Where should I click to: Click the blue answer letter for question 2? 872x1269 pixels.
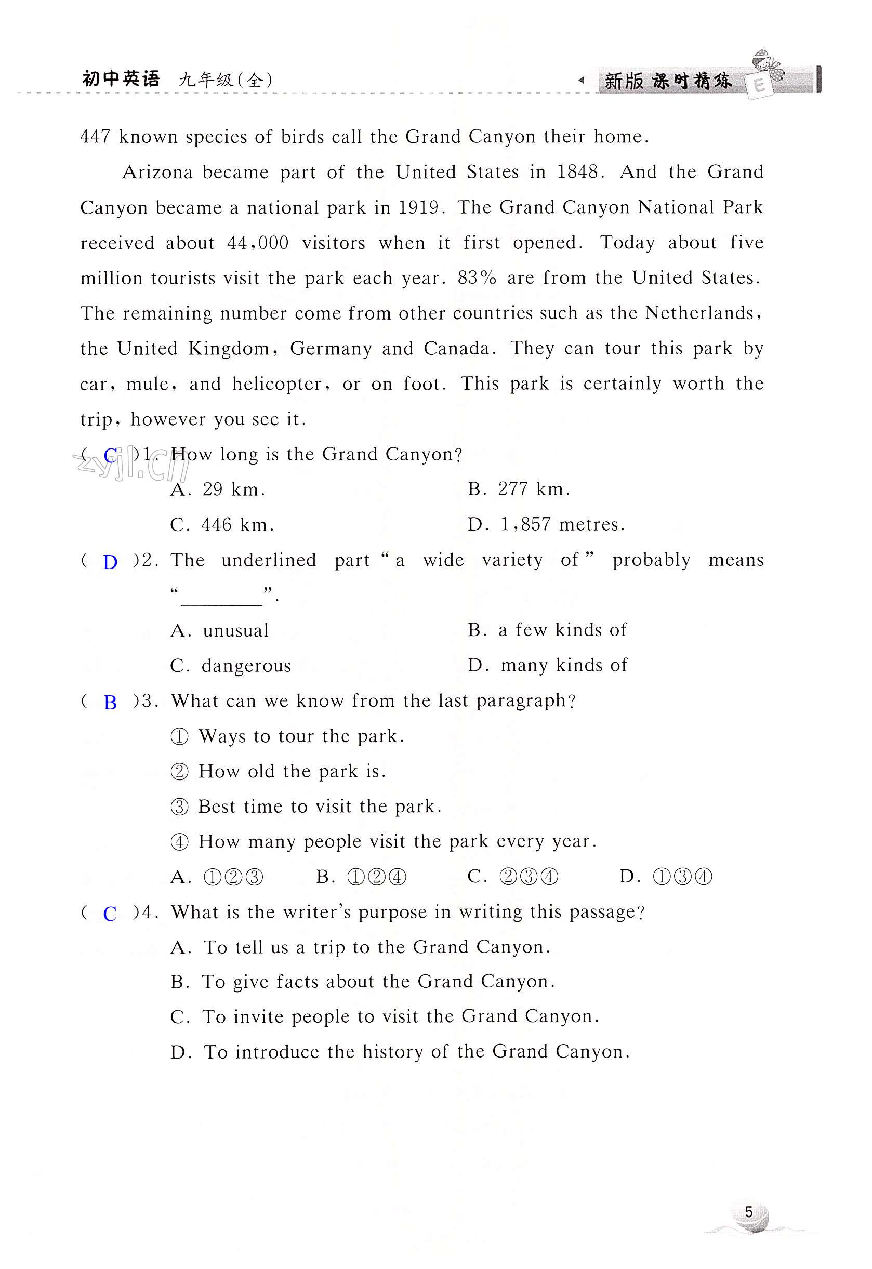point(110,562)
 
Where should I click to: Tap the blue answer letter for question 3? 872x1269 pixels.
point(110,703)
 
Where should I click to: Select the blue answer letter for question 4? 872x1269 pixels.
point(110,914)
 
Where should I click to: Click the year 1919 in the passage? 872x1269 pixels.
point(418,207)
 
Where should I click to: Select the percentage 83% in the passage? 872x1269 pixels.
point(477,278)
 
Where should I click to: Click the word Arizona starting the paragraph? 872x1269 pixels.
point(157,173)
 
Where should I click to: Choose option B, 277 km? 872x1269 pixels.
point(519,489)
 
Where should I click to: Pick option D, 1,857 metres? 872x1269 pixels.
point(546,524)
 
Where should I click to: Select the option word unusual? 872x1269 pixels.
point(235,631)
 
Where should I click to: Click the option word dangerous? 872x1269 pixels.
point(246,666)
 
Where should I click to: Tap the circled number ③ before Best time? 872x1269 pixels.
point(179,807)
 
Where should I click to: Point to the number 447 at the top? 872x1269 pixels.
point(96,137)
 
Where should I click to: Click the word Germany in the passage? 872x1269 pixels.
point(331,349)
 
